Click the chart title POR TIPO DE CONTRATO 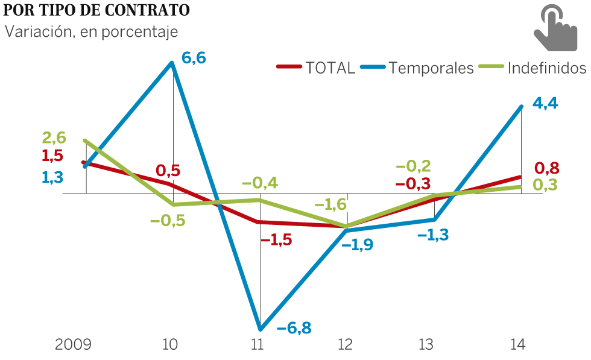coord(96,10)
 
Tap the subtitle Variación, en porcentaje coord(92,31)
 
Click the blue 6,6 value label coord(194,58)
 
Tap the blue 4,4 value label coord(545,103)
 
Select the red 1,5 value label coord(52,156)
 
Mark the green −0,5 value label coord(168,221)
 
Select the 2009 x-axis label coord(73,345)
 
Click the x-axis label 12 coord(346,345)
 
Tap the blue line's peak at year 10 coord(174,62)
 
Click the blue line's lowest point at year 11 coord(261,329)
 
